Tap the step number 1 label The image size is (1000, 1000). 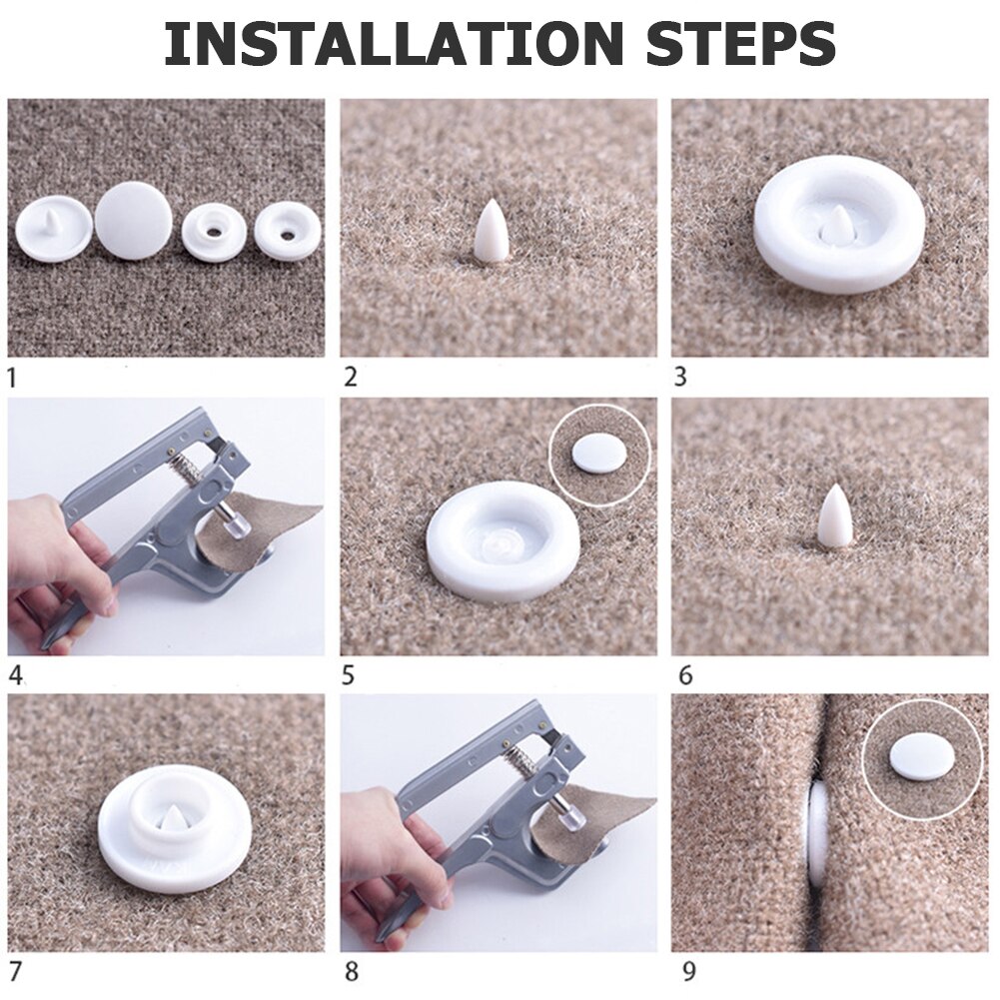(x=12, y=378)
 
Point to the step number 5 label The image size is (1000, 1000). (x=348, y=675)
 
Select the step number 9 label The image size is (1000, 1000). (x=688, y=971)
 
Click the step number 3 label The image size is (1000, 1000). (x=680, y=377)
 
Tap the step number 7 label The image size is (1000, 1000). (x=15, y=971)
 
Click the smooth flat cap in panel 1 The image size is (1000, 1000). (x=134, y=220)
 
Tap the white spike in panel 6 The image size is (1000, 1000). (x=835, y=515)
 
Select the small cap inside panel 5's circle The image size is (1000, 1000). (x=599, y=455)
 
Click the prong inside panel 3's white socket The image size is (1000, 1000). (x=838, y=226)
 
